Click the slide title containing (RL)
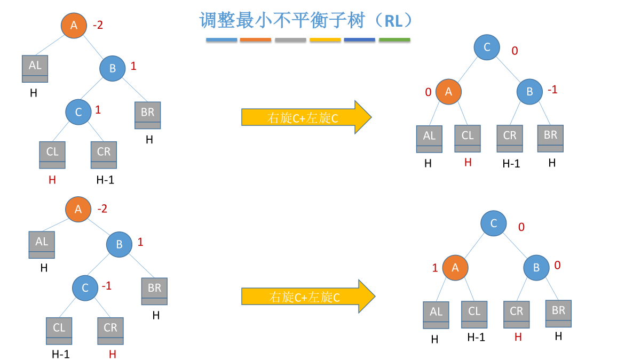(x=306, y=21)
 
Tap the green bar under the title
(x=394, y=40)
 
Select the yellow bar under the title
(x=325, y=40)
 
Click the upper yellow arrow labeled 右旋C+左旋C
(x=305, y=117)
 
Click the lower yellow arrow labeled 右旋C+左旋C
(x=307, y=297)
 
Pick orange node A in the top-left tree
(x=74, y=25)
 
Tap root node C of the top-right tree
(x=487, y=47)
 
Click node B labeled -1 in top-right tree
(x=529, y=92)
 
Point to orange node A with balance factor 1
(x=455, y=268)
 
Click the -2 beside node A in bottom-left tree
(x=102, y=209)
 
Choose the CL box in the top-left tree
(x=52, y=155)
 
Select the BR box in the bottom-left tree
(x=154, y=291)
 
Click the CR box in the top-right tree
(x=510, y=139)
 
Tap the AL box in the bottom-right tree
(x=436, y=315)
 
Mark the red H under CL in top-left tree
(x=52, y=180)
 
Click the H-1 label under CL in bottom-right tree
(x=476, y=337)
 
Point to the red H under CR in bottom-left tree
(x=112, y=354)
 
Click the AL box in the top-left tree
(x=35, y=69)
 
